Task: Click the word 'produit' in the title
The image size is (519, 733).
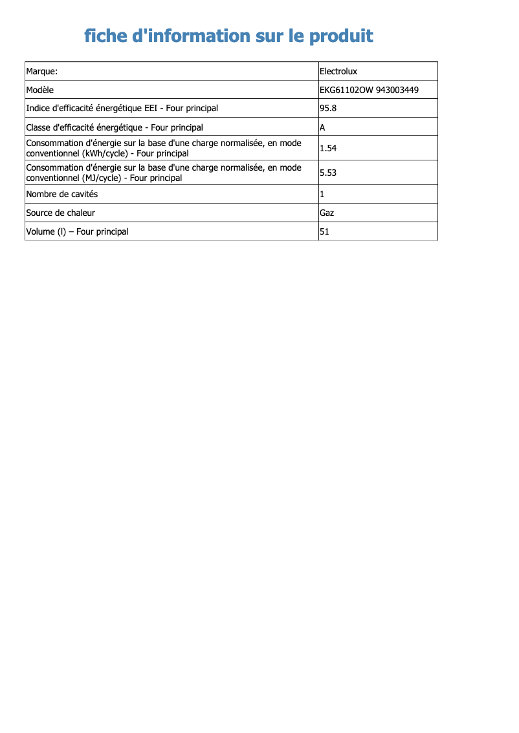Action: (341, 36)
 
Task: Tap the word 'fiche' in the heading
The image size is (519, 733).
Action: (105, 36)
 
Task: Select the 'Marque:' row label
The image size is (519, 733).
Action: (42, 71)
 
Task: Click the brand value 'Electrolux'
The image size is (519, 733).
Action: (338, 71)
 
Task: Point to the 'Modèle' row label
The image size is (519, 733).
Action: (40, 90)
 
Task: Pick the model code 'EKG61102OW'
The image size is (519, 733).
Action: (346, 90)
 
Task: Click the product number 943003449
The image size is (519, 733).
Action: (397, 90)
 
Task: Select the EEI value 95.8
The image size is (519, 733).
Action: (328, 108)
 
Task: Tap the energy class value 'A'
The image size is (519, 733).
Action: (322, 127)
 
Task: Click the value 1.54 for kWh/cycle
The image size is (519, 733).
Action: (328, 148)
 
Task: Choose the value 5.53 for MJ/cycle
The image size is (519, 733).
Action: (328, 173)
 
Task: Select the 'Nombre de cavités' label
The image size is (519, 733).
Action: (62, 194)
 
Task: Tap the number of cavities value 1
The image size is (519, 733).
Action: (322, 194)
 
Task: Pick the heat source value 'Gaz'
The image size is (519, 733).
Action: (327, 213)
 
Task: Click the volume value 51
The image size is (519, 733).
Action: (325, 231)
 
